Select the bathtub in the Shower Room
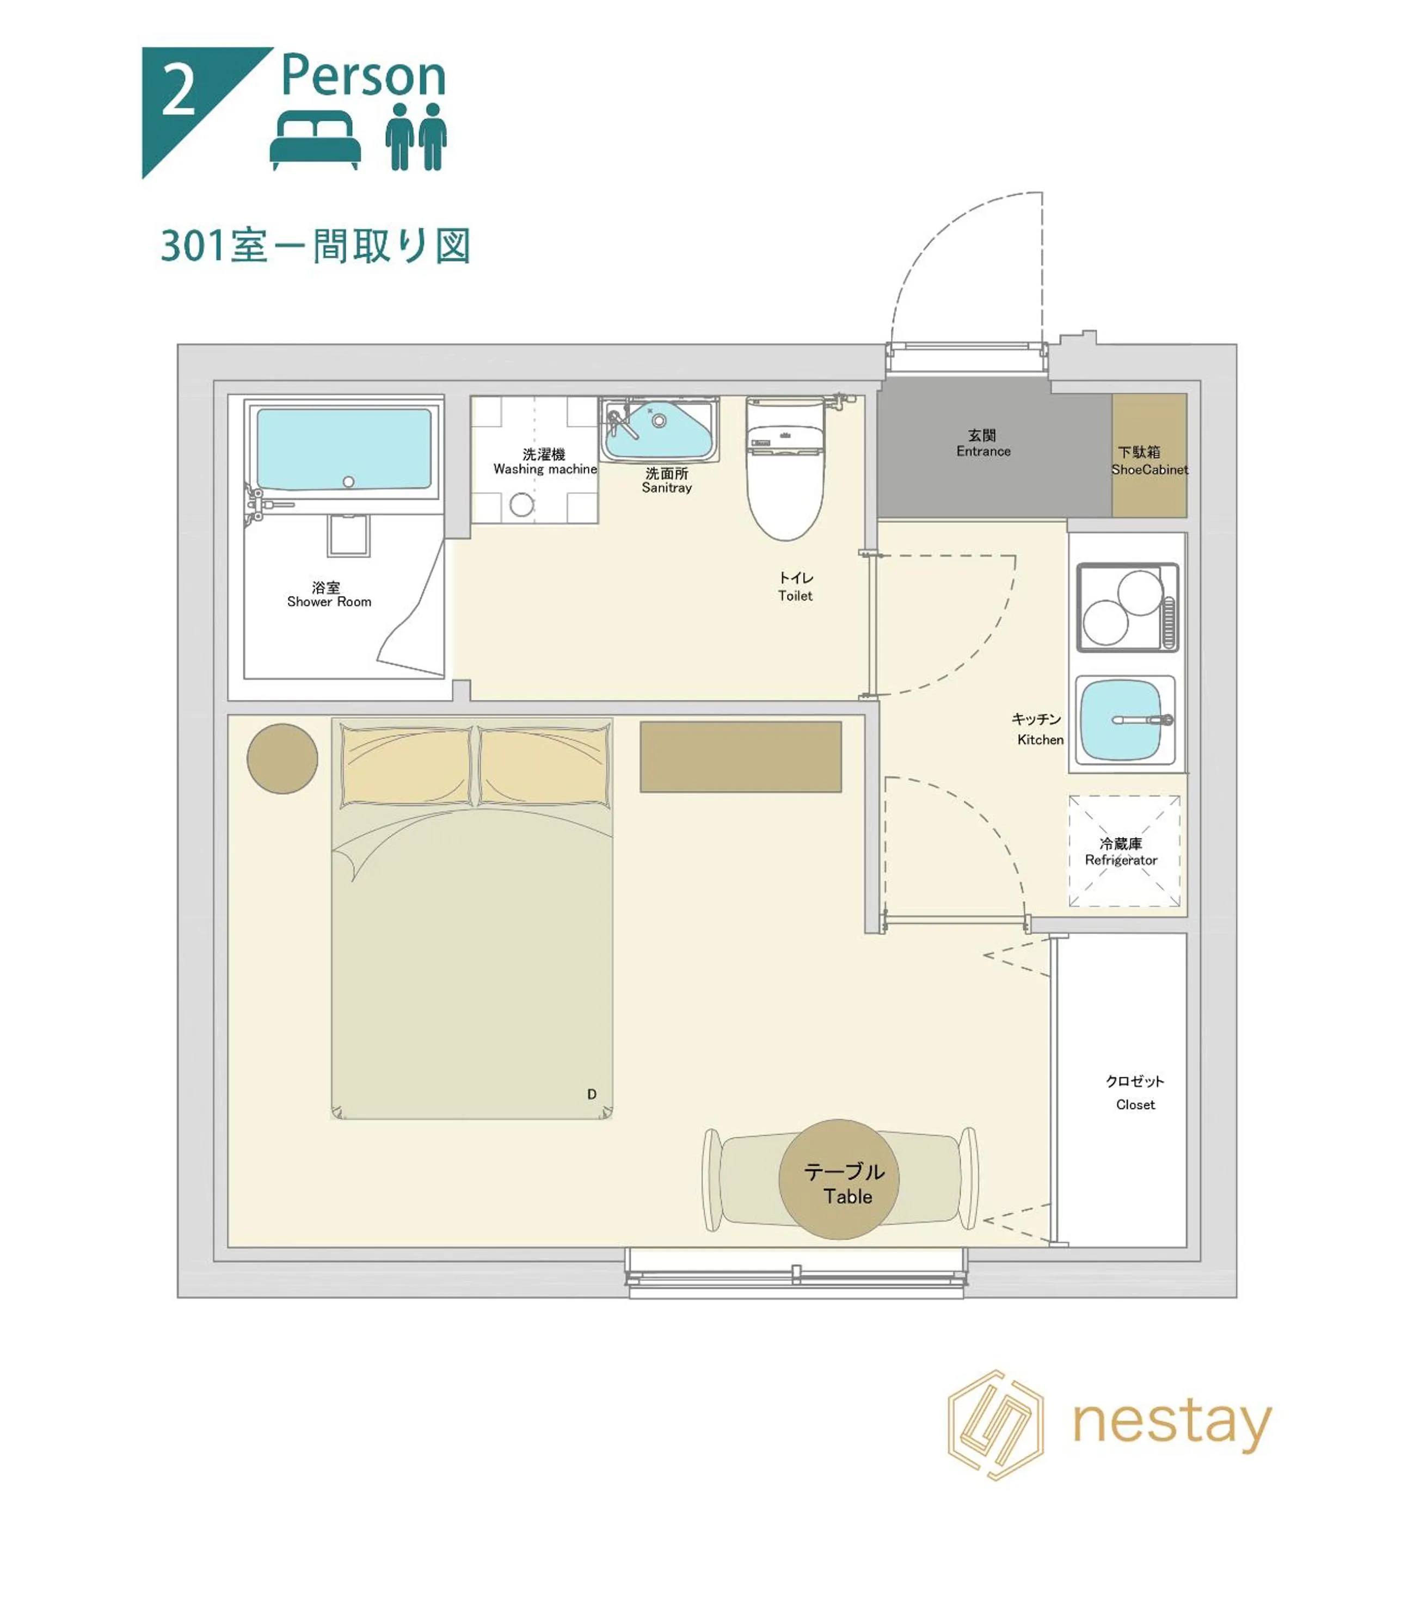pyautogui.click(x=343, y=449)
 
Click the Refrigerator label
pyautogui.click(x=1121, y=852)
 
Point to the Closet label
pyautogui.click(x=1135, y=1093)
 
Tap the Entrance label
pyautogui.click(x=982, y=443)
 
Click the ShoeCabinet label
pyautogui.click(x=1148, y=461)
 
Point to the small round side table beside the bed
pyautogui.click(x=282, y=758)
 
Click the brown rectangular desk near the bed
pyautogui.click(x=740, y=757)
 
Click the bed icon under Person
pyautogui.click(x=315, y=139)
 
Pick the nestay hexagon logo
pyautogui.click(x=996, y=1425)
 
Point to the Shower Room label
pyautogui.click(x=329, y=595)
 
